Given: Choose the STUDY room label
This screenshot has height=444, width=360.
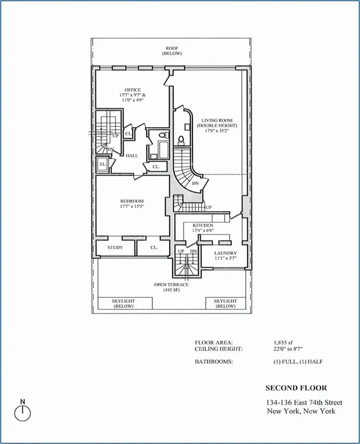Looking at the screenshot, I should [x=115, y=248].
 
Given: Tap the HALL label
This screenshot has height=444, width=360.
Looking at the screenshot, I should [x=131, y=156].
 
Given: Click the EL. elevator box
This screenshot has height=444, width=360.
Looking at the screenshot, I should [x=103, y=164].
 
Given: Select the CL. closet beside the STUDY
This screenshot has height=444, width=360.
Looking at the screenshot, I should [x=154, y=248].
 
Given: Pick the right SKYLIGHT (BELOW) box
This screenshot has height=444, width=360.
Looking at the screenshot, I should [x=225, y=303].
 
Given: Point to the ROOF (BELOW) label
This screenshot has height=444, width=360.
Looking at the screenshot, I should [x=171, y=51].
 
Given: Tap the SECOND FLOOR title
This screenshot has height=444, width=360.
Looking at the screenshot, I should [x=296, y=388].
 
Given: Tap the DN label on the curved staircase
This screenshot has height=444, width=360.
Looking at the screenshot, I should [x=195, y=183].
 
